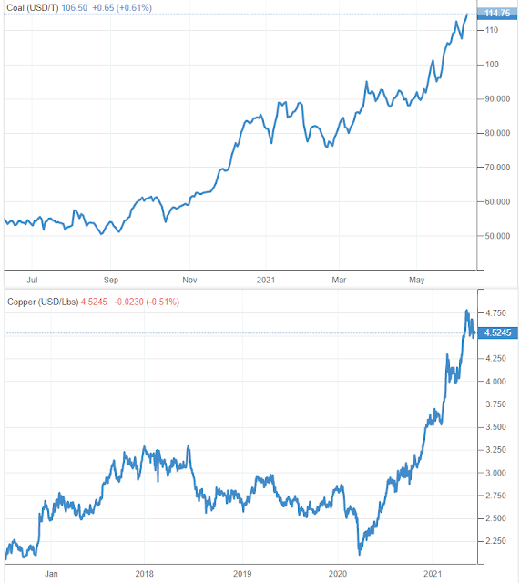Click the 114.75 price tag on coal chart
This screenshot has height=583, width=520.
(497, 14)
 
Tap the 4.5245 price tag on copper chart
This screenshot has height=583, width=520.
(497, 332)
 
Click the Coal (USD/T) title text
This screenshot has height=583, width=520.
(33, 8)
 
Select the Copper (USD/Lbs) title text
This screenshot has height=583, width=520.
(43, 302)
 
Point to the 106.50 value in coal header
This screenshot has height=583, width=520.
(74, 8)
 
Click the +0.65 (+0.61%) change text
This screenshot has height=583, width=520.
(122, 8)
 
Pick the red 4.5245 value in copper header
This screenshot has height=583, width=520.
(94, 302)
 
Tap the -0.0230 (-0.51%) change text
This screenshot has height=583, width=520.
(147, 302)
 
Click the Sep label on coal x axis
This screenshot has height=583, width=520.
(111, 280)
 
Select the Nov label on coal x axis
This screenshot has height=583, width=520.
(189, 280)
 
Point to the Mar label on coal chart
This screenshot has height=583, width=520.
(339, 280)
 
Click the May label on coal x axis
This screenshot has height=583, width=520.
(417, 280)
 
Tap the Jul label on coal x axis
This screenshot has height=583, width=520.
(32, 280)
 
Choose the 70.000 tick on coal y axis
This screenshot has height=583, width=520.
(497, 168)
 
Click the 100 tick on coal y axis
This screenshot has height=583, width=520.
(492, 65)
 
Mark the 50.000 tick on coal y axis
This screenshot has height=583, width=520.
(497, 236)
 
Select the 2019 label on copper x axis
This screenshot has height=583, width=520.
(242, 574)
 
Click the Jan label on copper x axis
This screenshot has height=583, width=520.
(51, 574)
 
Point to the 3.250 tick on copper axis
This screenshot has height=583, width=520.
(495, 450)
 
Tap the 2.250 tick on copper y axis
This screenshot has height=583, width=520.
(495, 541)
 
